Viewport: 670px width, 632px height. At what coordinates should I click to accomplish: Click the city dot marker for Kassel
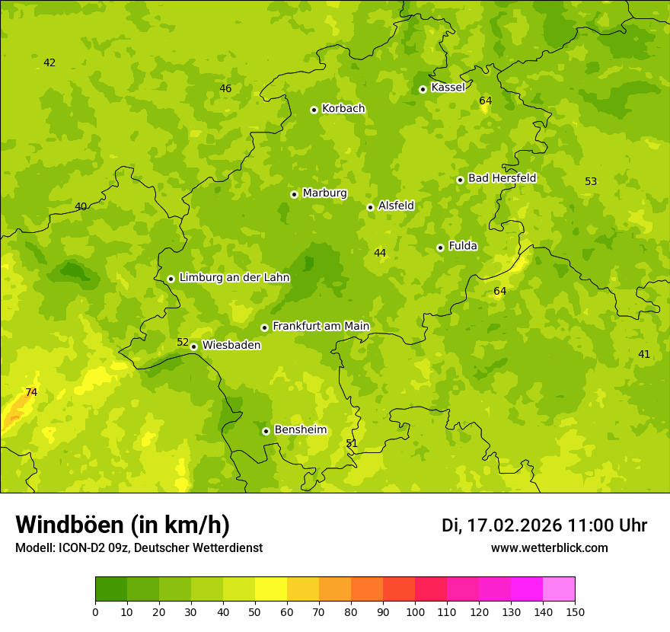point(423,89)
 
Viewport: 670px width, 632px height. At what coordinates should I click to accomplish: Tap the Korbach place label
point(343,109)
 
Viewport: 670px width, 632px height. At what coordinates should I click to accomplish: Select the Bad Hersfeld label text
point(502,178)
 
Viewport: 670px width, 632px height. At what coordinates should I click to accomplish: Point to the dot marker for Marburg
point(294,194)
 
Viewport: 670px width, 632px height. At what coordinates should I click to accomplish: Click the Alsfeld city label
point(396,206)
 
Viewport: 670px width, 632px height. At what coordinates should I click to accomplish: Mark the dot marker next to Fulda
point(440,247)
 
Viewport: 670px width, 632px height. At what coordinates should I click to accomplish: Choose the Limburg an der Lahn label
point(234,278)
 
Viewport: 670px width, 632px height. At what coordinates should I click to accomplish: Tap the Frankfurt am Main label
point(321,327)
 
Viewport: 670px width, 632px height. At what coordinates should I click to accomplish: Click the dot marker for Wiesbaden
point(193,346)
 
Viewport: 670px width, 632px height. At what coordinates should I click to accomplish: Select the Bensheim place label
point(300,430)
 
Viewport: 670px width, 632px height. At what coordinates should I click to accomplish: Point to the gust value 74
point(31,393)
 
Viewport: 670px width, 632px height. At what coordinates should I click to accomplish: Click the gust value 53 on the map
point(591,182)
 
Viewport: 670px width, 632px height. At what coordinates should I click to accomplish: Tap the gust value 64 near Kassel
point(485,101)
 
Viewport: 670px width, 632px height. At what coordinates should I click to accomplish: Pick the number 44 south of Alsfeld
point(380,254)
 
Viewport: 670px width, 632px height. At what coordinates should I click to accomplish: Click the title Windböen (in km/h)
point(123,525)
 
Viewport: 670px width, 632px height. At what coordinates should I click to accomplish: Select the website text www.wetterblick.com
point(549,548)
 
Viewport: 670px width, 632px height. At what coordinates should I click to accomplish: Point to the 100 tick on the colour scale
point(415,611)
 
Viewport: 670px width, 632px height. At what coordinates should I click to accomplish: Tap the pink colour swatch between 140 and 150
point(559,589)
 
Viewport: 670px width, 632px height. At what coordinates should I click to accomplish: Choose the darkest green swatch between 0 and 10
point(111,589)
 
